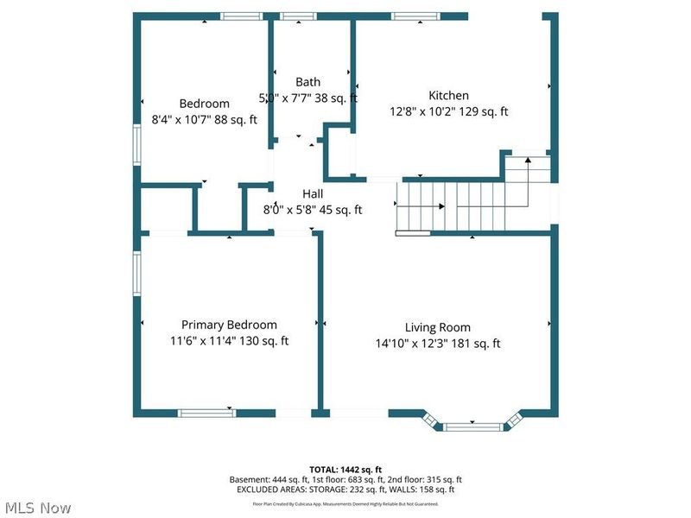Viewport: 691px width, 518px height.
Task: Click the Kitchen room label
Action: point(448,96)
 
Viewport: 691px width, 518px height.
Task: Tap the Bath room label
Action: point(307,83)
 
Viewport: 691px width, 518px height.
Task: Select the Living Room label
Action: point(438,327)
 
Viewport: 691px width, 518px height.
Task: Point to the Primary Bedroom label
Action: point(229,325)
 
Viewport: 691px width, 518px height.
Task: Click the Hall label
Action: point(312,194)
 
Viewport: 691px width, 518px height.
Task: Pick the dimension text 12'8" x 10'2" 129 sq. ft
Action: point(448,111)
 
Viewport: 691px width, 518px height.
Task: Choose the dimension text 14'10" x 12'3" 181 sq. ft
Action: point(438,343)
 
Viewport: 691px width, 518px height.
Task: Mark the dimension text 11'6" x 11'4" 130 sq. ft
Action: point(229,340)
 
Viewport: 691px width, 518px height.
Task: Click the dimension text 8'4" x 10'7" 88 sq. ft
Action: point(204,120)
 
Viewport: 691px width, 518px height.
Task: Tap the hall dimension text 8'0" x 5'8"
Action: point(312,209)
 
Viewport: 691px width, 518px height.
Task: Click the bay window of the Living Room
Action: point(472,424)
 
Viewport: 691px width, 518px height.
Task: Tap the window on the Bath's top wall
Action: point(298,16)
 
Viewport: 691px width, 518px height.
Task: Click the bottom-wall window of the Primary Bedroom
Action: point(206,413)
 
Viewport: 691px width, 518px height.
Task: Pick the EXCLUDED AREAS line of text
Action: point(345,490)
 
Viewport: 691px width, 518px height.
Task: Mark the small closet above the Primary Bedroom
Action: point(166,208)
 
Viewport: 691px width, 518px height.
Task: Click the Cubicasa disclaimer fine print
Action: point(345,503)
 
